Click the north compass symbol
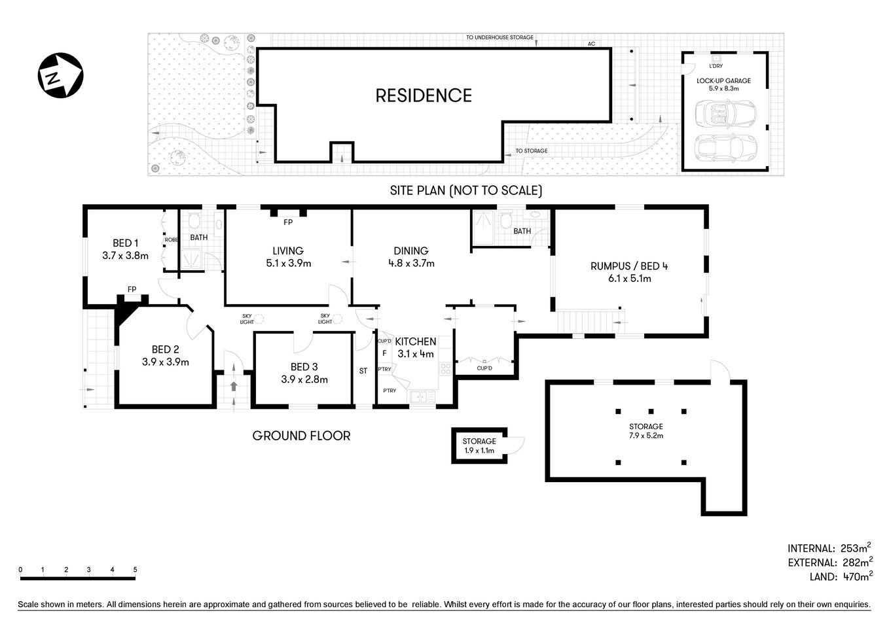coord(60,76)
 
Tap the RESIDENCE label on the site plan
coord(424,96)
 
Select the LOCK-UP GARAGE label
coord(723,81)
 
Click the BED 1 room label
coord(125,243)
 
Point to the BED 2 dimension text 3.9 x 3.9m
coord(165,362)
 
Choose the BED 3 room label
coord(304,367)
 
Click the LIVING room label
coord(288,251)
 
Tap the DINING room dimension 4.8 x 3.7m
coord(411,264)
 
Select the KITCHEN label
coord(416,341)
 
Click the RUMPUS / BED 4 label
coord(628,266)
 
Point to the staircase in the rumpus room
coord(584,321)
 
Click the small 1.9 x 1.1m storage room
coord(480,446)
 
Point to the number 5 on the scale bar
coord(135,570)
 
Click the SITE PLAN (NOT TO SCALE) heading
coord(466,191)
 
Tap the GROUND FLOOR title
coord(301,436)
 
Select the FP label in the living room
coord(288,222)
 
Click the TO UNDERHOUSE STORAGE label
coord(499,38)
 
